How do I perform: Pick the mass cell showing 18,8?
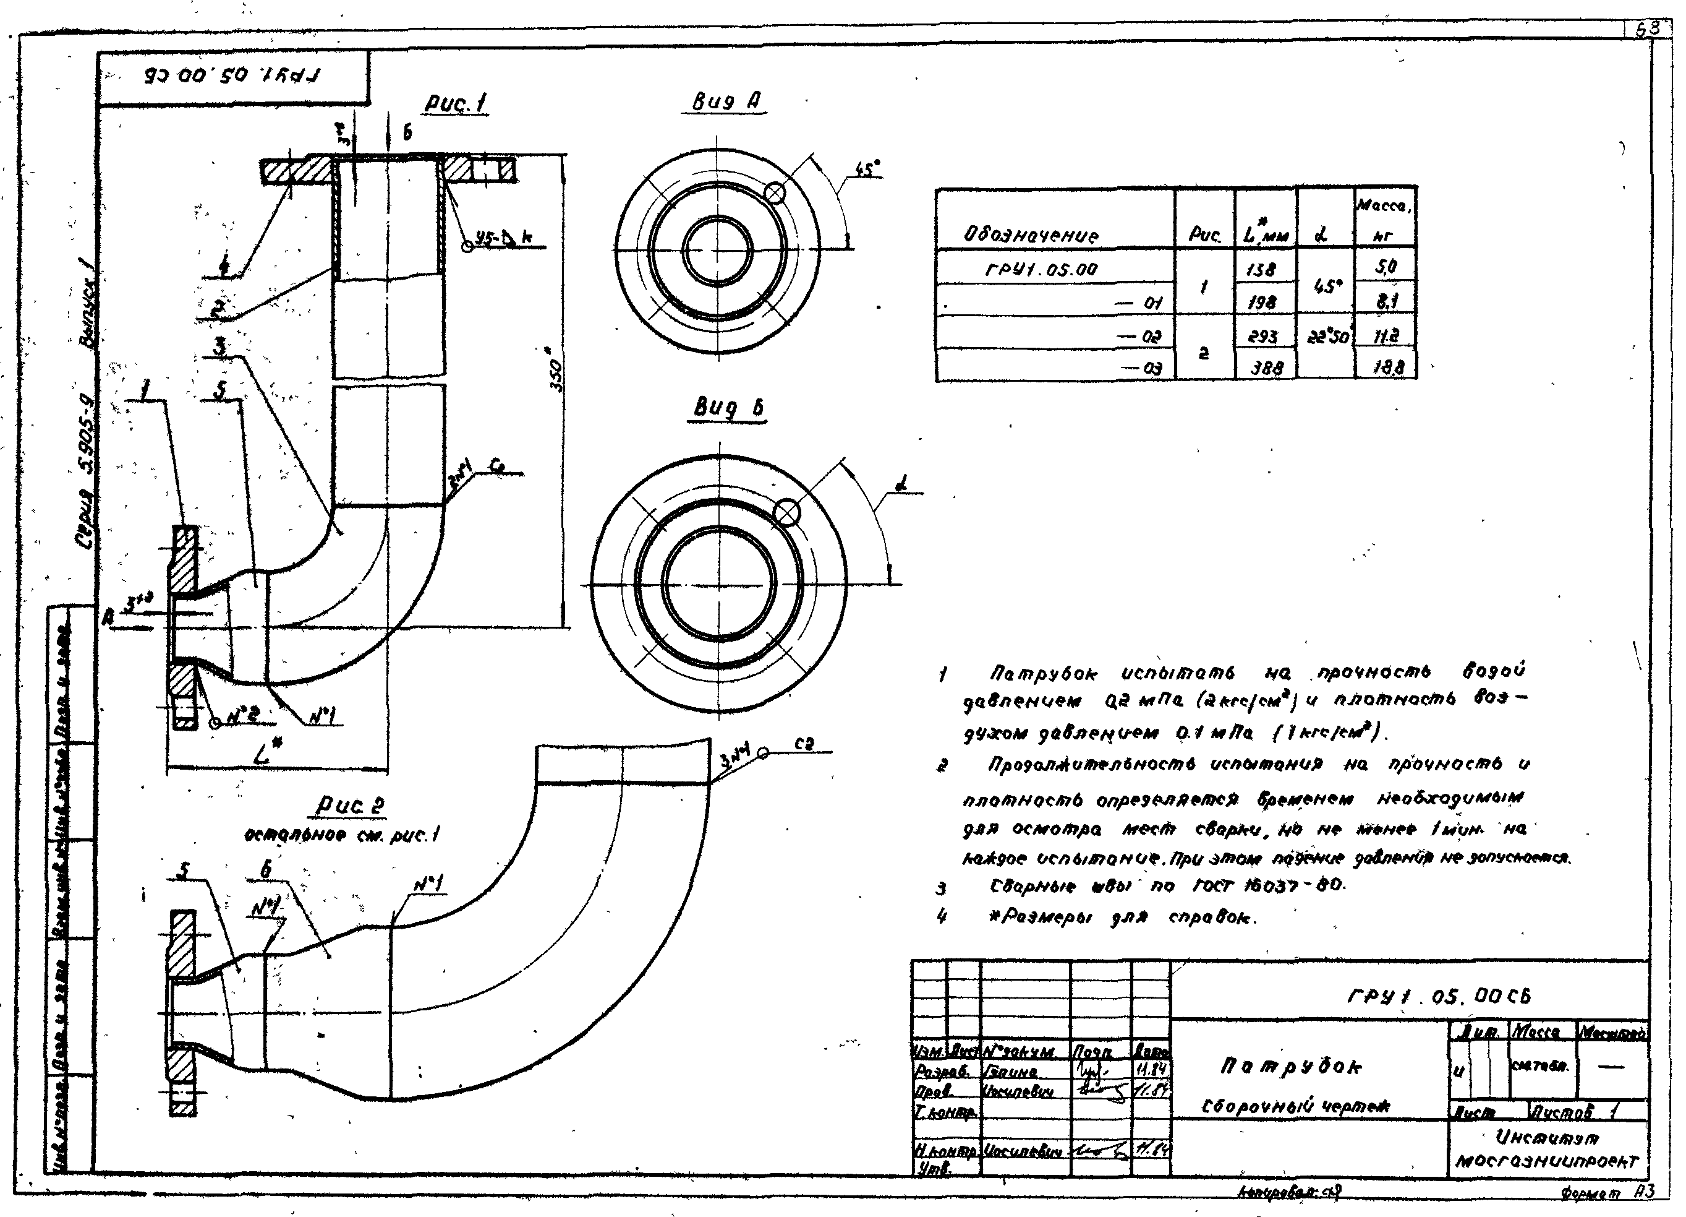point(1384,367)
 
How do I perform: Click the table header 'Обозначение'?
point(1030,235)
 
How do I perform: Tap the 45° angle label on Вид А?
point(867,170)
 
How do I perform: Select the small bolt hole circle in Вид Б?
point(787,512)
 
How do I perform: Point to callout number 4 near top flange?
point(224,264)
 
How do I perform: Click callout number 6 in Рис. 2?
point(265,869)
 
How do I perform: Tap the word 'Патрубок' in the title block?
point(1292,1066)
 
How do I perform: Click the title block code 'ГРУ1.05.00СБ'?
point(1439,996)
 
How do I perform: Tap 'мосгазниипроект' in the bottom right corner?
point(1546,1161)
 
